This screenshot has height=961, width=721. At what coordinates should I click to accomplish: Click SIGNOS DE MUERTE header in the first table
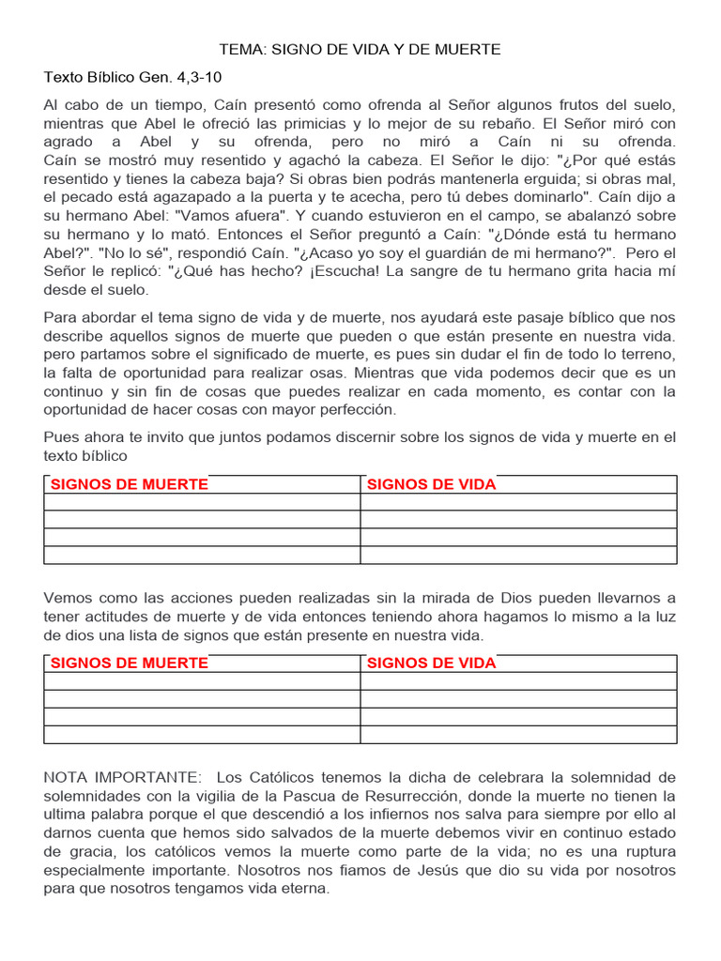point(130,484)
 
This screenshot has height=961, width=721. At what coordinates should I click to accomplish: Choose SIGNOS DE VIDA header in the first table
point(431,484)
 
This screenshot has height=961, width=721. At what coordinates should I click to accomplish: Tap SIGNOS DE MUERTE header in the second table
point(130,663)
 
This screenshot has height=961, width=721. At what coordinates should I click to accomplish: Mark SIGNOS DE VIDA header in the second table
point(431,663)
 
